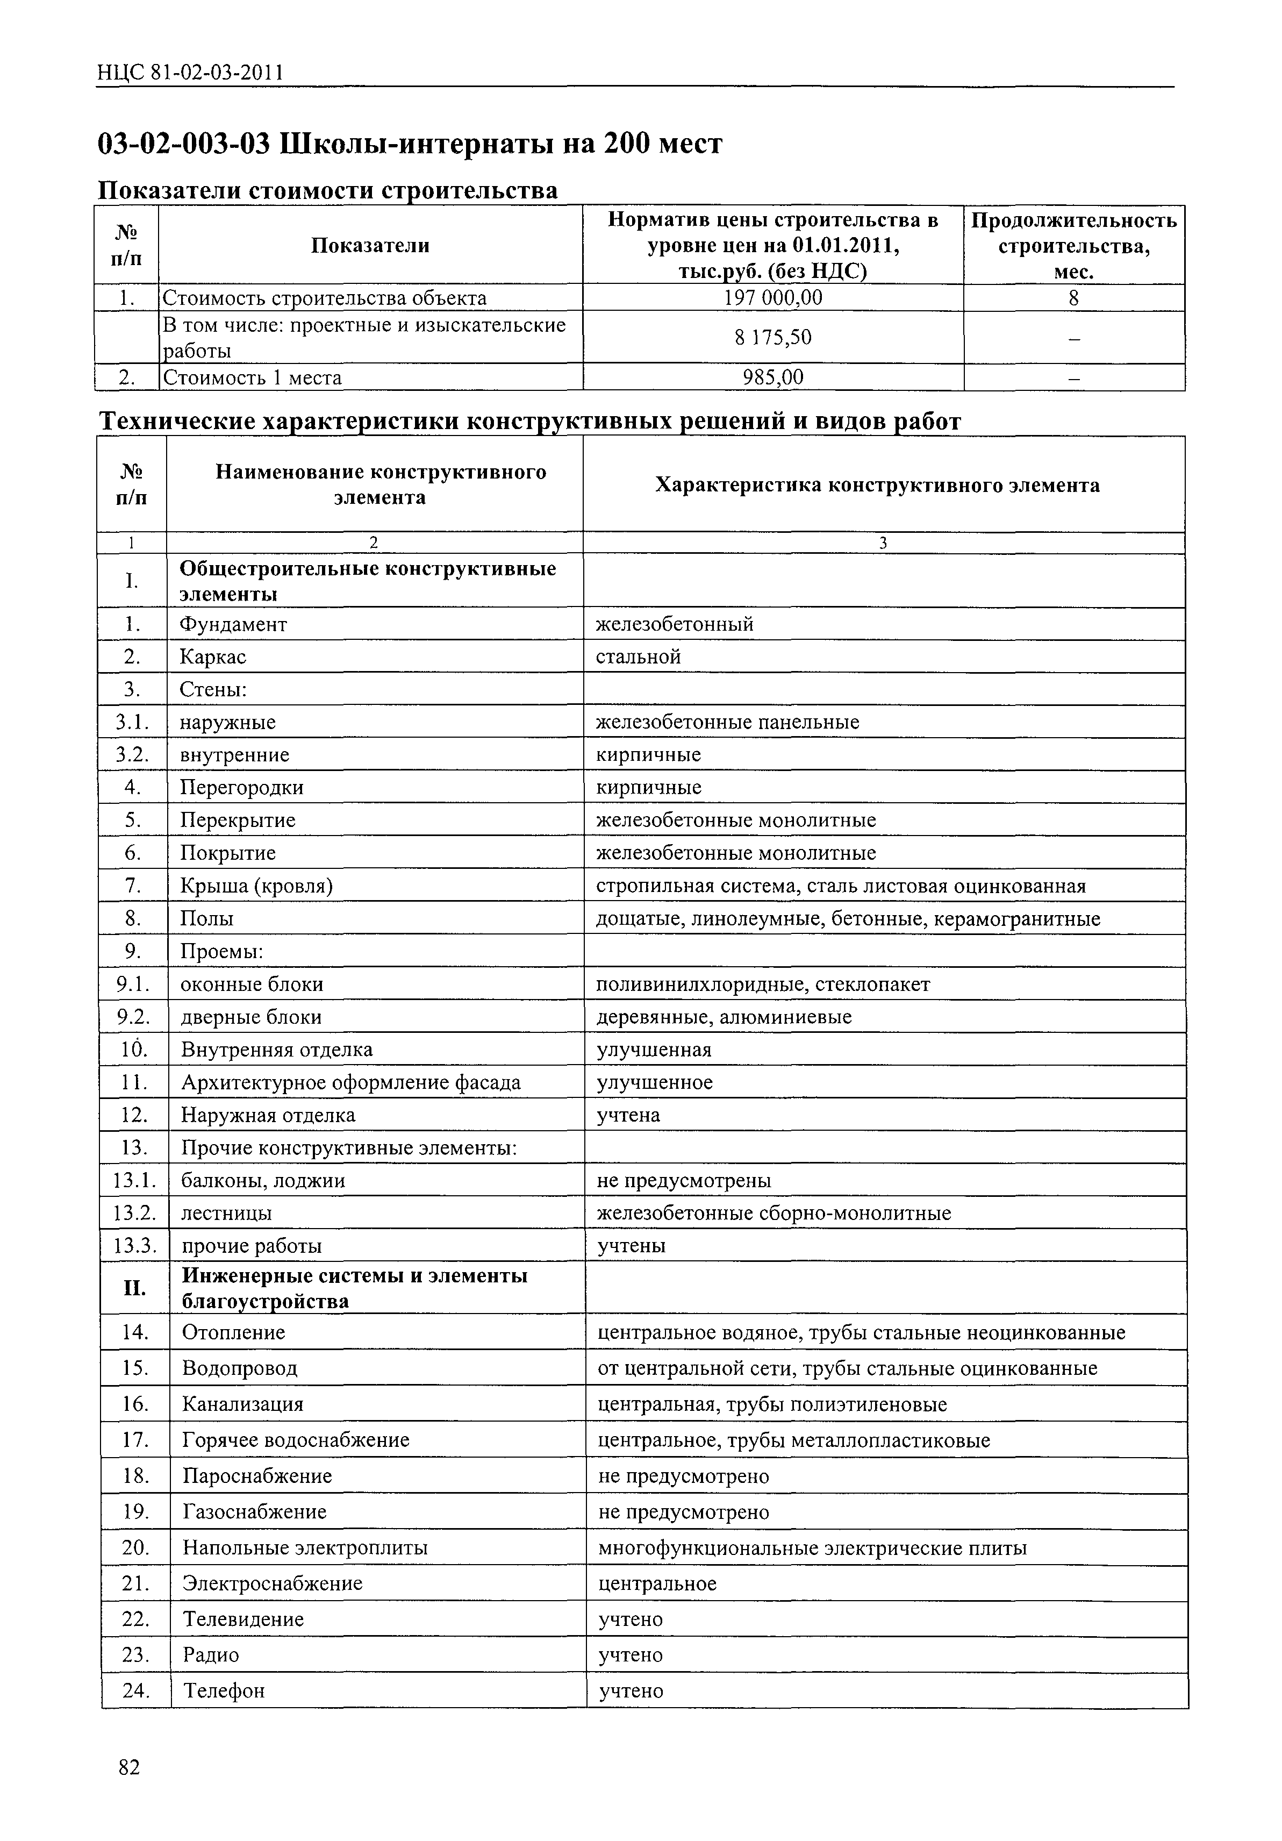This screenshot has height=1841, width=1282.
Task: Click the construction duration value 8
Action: (1073, 298)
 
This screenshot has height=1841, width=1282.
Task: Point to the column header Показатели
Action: (370, 245)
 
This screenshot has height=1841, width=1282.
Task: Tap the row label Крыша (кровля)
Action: (256, 886)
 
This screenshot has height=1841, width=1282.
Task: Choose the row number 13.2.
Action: (134, 1213)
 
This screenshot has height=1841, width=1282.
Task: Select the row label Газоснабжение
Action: (254, 1512)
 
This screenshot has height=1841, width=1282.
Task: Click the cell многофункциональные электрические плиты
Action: (812, 1549)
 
